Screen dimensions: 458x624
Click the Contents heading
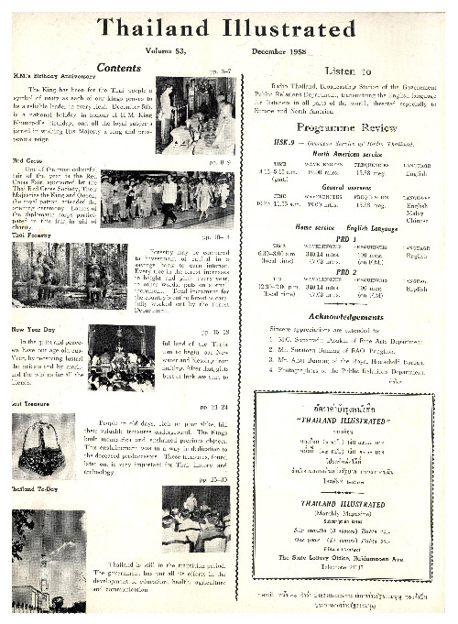pos(118,68)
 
